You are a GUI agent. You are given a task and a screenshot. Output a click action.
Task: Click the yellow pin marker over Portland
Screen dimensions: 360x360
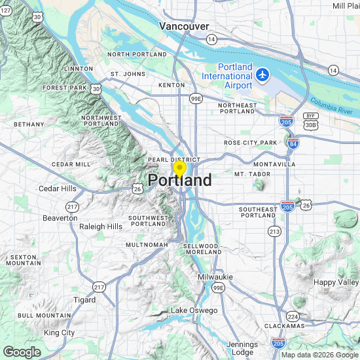tap(179, 168)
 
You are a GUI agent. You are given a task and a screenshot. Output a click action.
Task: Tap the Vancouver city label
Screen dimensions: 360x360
tap(184, 26)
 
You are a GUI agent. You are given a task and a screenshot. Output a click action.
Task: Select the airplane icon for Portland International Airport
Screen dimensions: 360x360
tap(263, 75)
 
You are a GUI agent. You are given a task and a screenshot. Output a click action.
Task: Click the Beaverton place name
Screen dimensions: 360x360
tap(60, 217)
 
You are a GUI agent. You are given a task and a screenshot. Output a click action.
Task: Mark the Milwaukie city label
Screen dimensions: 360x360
tap(215, 277)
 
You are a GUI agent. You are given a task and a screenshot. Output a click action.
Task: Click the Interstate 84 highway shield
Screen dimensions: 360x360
tap(292, 144)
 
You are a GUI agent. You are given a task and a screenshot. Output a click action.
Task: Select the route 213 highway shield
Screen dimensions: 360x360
tap(275, 232)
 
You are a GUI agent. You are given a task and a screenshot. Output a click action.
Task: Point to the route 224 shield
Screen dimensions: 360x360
tap(294, 316)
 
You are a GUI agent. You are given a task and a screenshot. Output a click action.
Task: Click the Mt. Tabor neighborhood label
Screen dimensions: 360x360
tap(248, 174)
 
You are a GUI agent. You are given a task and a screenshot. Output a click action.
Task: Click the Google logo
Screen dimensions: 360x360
tap(22, 352)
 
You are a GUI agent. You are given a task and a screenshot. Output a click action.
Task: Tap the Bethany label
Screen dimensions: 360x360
tap(29, 124)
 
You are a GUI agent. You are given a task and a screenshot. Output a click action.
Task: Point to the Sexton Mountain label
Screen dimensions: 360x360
tap(24, 260)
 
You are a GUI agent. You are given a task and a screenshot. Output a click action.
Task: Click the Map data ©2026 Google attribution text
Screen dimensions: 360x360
tap(319, 355)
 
